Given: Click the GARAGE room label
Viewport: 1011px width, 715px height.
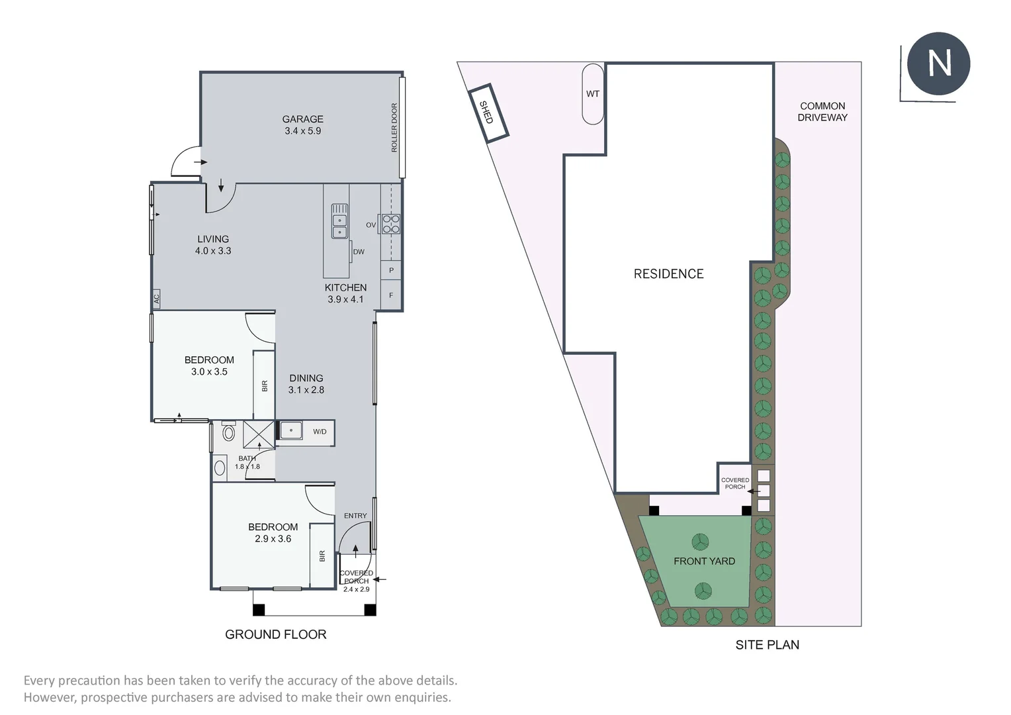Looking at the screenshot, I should pos(302,119).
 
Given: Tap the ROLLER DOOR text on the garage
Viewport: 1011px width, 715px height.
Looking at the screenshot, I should pos(394,128).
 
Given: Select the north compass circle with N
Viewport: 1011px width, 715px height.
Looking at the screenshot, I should pos(938,64).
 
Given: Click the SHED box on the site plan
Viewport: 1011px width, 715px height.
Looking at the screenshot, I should pos(489,113).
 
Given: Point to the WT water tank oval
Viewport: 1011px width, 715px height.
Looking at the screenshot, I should pos(593,94).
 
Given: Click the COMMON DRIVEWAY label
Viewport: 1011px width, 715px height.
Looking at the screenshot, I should pos(822,111).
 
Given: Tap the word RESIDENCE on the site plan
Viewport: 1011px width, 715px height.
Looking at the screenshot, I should pos(668,274).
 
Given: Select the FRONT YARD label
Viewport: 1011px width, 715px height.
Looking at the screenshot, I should pos(704,561).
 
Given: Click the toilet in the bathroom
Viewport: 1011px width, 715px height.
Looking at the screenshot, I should pos(228,433).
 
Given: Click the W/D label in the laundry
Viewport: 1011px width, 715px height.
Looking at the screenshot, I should pos(320,432).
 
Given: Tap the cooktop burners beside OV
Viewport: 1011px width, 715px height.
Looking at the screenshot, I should pos(390,224).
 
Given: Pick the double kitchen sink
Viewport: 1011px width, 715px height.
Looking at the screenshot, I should pos(339,226).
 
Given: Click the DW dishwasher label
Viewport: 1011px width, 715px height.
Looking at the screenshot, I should pos(359,252).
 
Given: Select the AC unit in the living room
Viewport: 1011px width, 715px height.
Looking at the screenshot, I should pos(157,299).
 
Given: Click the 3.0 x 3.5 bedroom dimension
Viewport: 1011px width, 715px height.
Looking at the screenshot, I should pos(209,372).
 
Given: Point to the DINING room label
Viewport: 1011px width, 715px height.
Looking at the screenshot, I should pos(306,379).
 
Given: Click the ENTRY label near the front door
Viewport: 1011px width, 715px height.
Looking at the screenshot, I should pos(355,516).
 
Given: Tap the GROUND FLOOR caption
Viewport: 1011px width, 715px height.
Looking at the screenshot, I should pos(276,634).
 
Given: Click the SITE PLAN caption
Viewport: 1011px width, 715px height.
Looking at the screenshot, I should pos(767,645).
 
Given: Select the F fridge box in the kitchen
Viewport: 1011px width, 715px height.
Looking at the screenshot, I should pos(391,295).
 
